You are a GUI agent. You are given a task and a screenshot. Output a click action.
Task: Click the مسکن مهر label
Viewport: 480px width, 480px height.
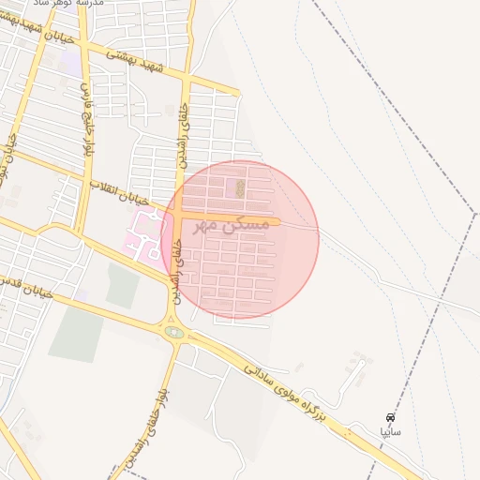[231, 224]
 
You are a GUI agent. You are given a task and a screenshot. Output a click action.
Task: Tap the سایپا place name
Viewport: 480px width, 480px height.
[390, 432]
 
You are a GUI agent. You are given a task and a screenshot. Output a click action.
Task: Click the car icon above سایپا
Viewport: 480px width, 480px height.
[390, 417]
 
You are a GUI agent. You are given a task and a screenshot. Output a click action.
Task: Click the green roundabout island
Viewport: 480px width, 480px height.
[173, 331]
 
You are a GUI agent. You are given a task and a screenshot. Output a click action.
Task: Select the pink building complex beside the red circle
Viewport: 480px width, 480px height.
[142, 233]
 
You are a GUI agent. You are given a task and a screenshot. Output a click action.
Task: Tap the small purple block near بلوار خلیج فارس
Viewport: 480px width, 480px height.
[69, 64]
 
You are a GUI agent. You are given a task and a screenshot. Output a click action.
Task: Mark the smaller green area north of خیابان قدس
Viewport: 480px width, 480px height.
[122, 285]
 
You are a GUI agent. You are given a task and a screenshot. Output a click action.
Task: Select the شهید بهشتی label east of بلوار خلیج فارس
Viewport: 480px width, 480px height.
[135, 62]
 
